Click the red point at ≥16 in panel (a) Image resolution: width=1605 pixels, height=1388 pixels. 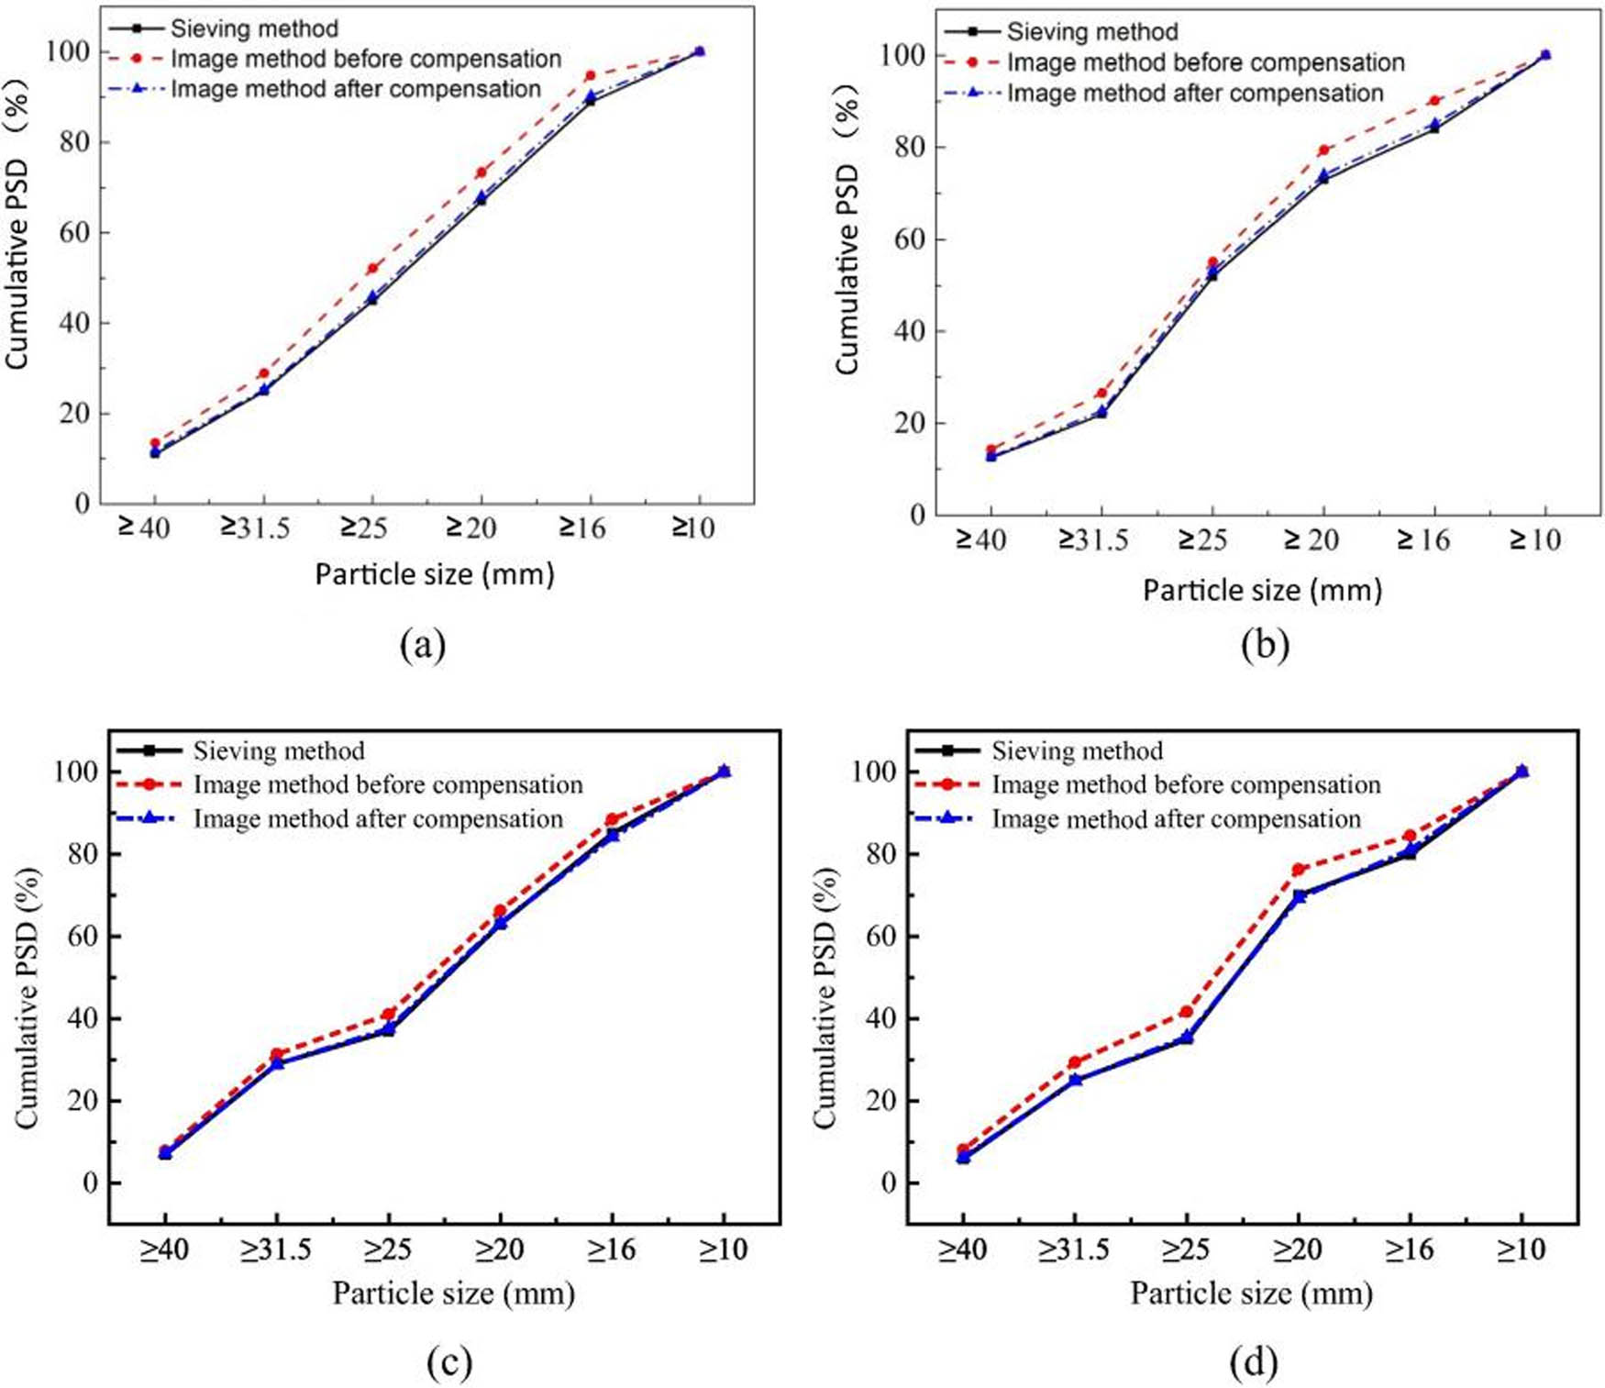point(590,75)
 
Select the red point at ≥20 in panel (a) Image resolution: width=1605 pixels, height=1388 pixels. point(481,172)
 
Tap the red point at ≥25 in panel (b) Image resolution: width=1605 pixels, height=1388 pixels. point(1212,262)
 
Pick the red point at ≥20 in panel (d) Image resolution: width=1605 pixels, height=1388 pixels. point(1298,869)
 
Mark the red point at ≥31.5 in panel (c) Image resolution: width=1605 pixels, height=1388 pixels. point(277,1055)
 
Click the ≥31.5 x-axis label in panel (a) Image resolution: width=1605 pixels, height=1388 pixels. point(255,527)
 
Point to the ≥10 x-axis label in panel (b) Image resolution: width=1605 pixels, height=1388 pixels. point(1534,540)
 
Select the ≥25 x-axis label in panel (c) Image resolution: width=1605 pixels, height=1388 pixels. point(388,1249)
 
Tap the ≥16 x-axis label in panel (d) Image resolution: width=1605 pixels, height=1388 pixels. point(1409,1249)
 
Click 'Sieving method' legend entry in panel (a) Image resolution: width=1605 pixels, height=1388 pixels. point(254,28)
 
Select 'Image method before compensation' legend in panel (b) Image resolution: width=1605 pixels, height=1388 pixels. point(1205,62)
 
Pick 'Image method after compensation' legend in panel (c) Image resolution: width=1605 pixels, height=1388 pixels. point(378,819)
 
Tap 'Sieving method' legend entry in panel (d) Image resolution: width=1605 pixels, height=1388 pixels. point(1077,751)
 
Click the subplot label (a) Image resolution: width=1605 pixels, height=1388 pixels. point(423,645)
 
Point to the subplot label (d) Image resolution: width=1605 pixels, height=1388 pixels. point(1254,1362)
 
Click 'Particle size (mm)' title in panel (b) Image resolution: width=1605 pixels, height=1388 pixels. point(1262,590)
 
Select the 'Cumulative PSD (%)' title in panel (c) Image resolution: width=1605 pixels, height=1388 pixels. point(28,999)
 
